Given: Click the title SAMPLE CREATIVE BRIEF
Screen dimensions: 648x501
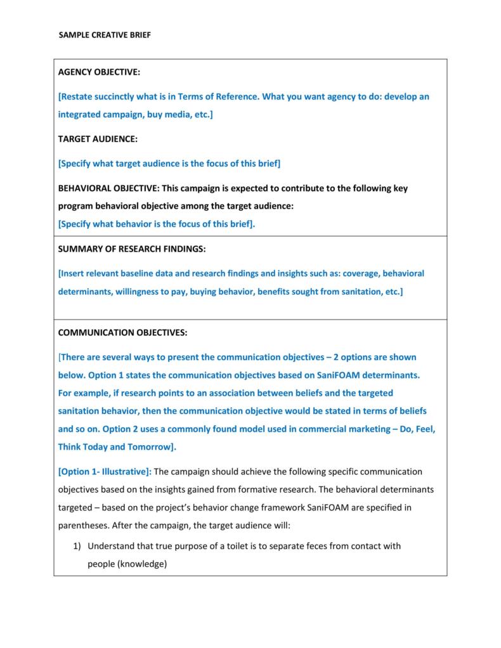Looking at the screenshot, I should coord(105,36).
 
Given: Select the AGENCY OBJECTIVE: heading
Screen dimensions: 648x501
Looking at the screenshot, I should coord(98,73).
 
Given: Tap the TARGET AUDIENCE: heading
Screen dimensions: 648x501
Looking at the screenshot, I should coord(98,139).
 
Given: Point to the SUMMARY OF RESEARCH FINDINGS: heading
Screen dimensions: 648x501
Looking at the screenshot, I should coord(132,249).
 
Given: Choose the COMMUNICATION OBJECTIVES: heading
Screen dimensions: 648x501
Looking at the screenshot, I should coord(122,332).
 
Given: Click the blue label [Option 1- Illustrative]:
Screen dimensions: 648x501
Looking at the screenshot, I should coord(105,471).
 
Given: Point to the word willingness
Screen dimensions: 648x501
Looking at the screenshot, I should coord(138,292).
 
